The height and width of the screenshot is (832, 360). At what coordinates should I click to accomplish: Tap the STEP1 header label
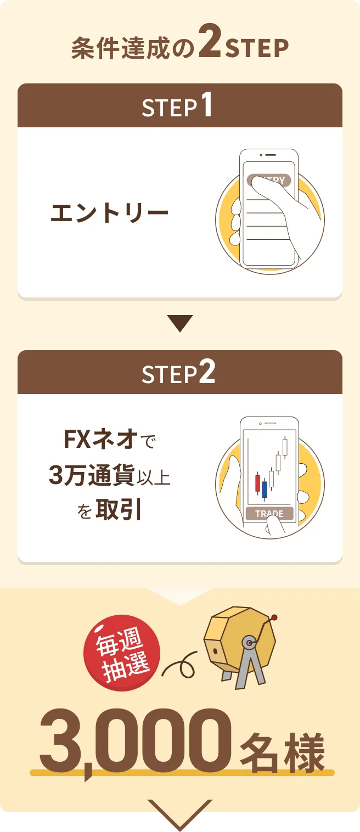click(177, 105)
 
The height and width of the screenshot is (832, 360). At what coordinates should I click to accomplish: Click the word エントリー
click(110, 213)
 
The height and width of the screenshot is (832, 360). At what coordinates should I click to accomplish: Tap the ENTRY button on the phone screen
click(269, 180)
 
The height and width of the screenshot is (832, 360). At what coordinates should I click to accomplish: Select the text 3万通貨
click(92, 475)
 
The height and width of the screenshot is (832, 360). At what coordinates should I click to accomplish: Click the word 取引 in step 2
click(119, 510)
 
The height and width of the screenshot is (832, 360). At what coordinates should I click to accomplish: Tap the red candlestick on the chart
click(257, 484)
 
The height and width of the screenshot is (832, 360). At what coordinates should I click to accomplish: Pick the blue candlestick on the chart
click(265, 489)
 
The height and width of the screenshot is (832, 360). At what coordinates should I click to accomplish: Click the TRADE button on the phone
click(269, 513)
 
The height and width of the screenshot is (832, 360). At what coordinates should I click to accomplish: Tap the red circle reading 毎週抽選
click(122, 653)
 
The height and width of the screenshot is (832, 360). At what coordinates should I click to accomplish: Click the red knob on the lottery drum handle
click(274, 617)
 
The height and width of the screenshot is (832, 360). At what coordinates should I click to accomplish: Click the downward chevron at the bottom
click(180, 813)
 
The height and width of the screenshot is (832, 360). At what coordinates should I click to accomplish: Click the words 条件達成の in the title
click(133, 48)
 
